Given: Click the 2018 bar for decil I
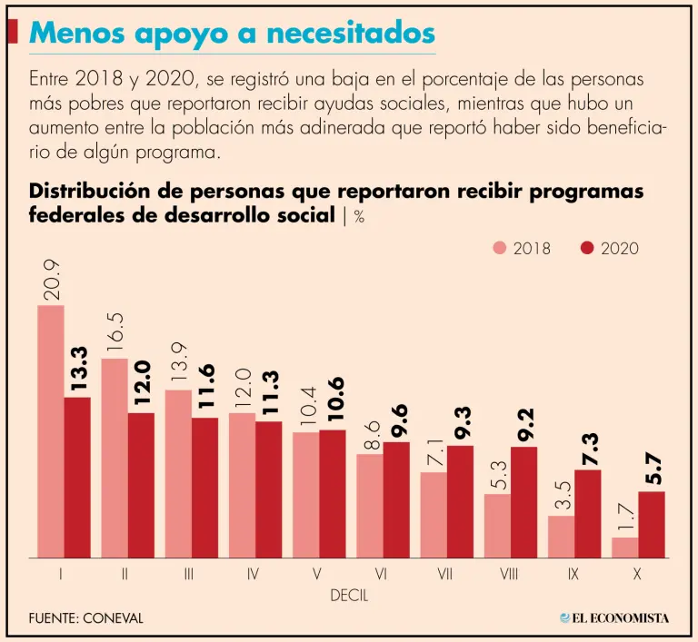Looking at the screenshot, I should [51, 431].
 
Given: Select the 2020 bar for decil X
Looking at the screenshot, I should [652, 525].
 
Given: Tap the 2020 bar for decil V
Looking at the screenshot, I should [333, 494].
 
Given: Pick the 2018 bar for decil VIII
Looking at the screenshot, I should [497, 526].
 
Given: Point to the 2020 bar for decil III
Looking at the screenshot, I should [204, 488].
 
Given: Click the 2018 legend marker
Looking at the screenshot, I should [500, 248].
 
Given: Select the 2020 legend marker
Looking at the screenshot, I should [586, 248].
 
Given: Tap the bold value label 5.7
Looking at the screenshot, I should [653, 468].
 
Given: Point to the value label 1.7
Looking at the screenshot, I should [625, 517].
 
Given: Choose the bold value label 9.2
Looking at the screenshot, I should [525, 423].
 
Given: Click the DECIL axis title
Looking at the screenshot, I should [349, 596].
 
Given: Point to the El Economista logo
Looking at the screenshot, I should [614, 618].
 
